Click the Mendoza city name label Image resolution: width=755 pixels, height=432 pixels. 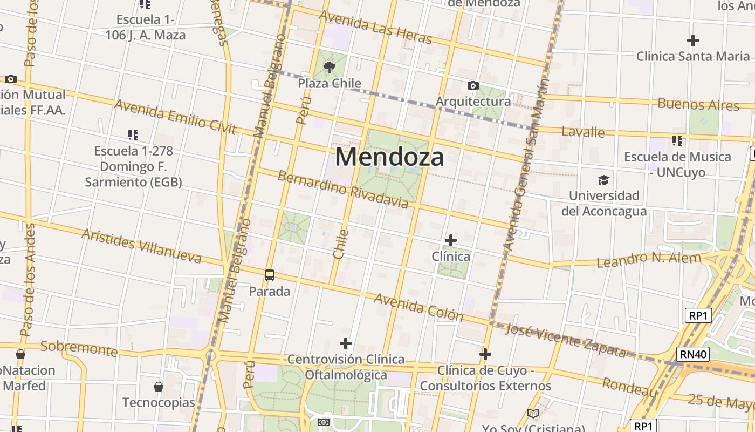[x=390, y=157]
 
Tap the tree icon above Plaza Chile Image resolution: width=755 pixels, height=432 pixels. [x=329, y=67]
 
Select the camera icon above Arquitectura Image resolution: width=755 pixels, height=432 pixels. [x=473, y=85]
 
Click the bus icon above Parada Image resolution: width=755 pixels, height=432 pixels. [x=269, y=275]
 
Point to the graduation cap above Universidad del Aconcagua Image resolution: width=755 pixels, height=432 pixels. [x=603, y=180]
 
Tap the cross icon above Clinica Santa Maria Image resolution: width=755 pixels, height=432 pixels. [x=693, y=40]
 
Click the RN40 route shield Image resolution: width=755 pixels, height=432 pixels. [x=693, y=354]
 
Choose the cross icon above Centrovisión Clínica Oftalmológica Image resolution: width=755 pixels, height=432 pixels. [x=346, y=343]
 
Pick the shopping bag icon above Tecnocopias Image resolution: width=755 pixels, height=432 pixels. [x=159, y=387]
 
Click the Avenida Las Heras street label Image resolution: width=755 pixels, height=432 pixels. [x=375, y=28]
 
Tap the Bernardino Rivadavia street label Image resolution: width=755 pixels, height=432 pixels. [x=343, y=190]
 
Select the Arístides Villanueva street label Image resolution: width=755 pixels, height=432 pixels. [x=141, y=246]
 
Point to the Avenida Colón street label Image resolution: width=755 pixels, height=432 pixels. [x=418, y=307]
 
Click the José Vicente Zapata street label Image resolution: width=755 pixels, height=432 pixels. [x=567, y=341]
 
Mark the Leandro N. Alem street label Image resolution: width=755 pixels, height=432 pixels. [x=649, y=260]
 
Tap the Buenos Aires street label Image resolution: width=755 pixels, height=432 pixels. [x=698, y=105]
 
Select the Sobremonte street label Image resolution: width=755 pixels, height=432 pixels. [x=79, y=349]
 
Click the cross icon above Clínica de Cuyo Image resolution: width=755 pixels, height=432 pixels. [x=485, y=354]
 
